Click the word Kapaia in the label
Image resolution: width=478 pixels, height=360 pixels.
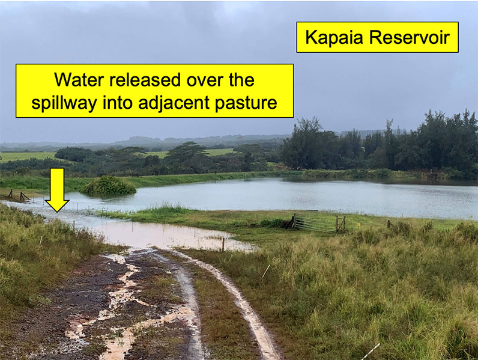point(334,38)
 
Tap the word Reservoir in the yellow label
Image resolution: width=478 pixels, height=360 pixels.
point(410,37)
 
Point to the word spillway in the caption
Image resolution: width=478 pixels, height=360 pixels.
point(64,103)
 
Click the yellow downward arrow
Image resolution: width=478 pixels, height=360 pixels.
point(57,190)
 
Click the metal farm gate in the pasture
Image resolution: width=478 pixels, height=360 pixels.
point(315,223)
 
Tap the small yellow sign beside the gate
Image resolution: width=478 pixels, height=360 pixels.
point(358,225)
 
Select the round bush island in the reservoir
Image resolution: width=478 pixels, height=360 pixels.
point(109,186)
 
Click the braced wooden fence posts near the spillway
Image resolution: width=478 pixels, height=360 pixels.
point(19,195)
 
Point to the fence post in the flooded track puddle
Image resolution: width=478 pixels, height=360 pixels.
point(223,245)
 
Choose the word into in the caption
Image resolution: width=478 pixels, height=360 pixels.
point(117,103)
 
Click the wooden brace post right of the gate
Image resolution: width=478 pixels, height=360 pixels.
point(341,224)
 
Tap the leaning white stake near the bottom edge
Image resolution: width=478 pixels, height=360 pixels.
point(371,351)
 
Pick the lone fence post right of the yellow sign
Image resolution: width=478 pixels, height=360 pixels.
point(389,224)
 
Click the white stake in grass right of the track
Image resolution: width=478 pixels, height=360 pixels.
point(265,272)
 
